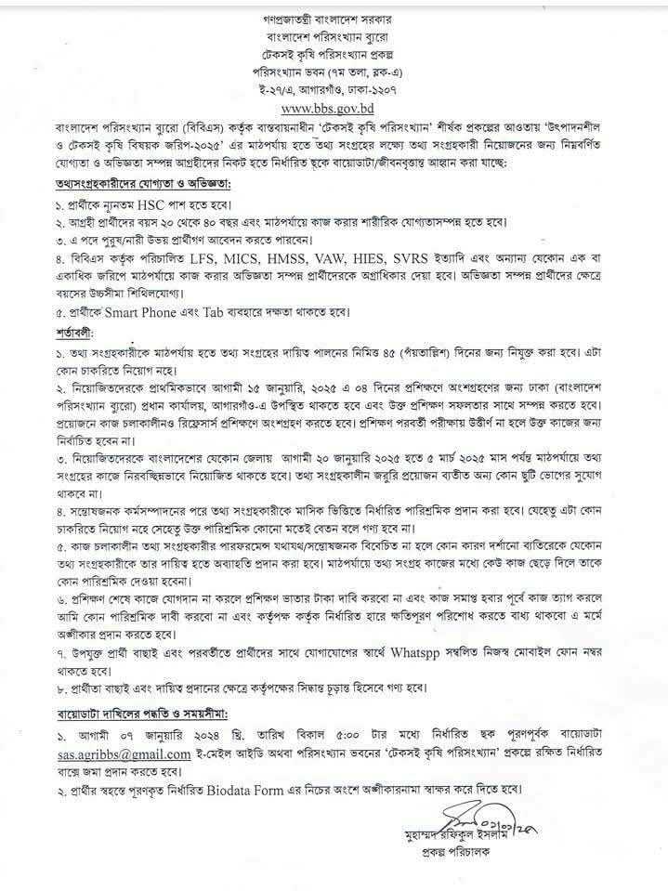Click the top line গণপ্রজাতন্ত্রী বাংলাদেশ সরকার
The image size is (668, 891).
point(334,19)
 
